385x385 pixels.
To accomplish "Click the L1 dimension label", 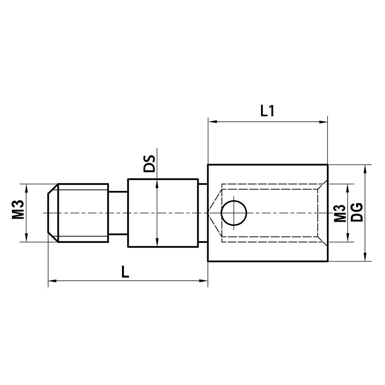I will pyautogui.click(x=267, y=111).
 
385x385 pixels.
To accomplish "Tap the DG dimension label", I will pyautogui.click(x=357, y=212).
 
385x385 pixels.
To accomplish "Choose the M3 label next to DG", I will pyautogui.click(x=339, y=213).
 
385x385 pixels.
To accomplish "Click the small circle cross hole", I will pyautogui.click(x=234, y=213).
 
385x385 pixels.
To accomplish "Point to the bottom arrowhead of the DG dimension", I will pyautogui.click(x=365, y=258).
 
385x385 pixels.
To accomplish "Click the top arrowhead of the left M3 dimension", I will pyautogui.click(x=26, y=188).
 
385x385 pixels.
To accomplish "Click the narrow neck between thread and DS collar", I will pyautogui.click(x=117, y=213).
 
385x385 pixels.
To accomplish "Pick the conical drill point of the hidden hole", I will pyautogui.click(x=215, y=213).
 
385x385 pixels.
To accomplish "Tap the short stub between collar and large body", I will pyautogui.click(x=203, y=213).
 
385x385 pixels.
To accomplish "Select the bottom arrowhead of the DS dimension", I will pyautogui.click(x=157, y=243).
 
